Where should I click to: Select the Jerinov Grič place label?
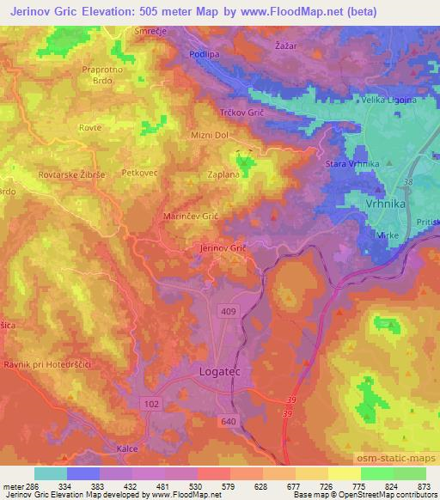(223, 248)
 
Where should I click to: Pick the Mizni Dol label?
(208, 135)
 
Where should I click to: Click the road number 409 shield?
(229, 310)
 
